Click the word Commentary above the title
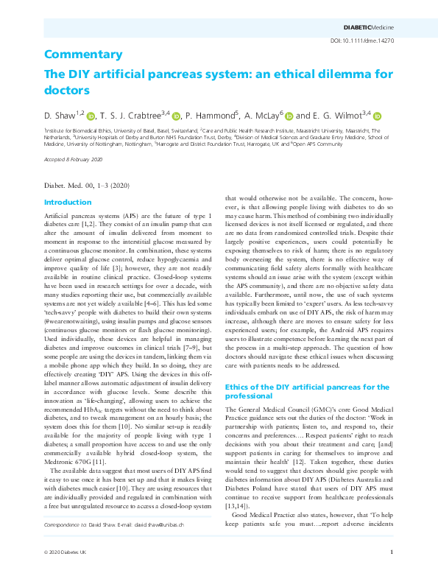coord(82,55)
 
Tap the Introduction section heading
coord(68,202)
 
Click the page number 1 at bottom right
coord(392,552)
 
